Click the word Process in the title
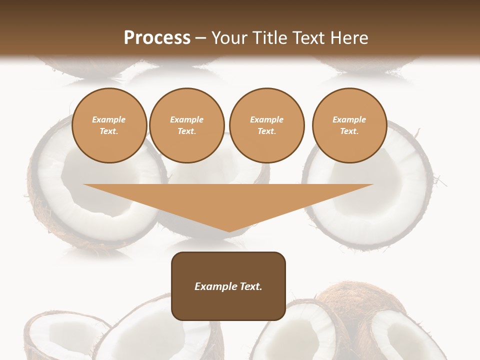157,38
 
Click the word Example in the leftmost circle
109,119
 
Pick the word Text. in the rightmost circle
349,131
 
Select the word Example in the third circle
267,119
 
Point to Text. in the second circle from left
187,131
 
